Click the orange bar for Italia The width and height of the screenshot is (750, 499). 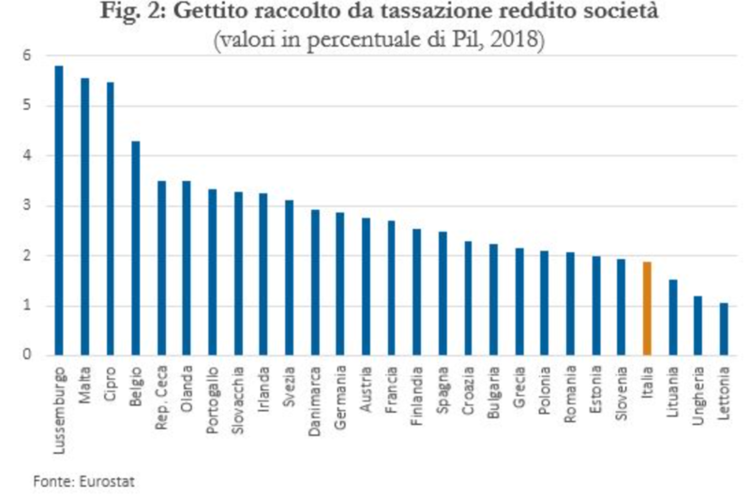[647, 309]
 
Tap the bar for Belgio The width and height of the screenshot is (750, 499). [136, 249]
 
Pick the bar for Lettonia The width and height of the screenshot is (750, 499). [724, 329]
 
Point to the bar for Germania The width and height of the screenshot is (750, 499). [340, 284]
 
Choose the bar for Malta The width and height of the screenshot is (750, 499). [84, 217]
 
